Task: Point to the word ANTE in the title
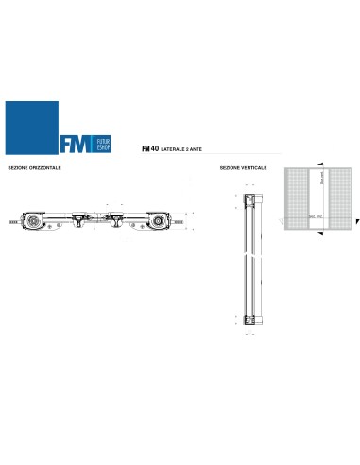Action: pos(197,149)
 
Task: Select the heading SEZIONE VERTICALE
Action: pos(243,167)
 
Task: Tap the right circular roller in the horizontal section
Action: pos(158,223)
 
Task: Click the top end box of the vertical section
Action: pos(249,200)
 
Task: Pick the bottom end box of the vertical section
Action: pos(249,318)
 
